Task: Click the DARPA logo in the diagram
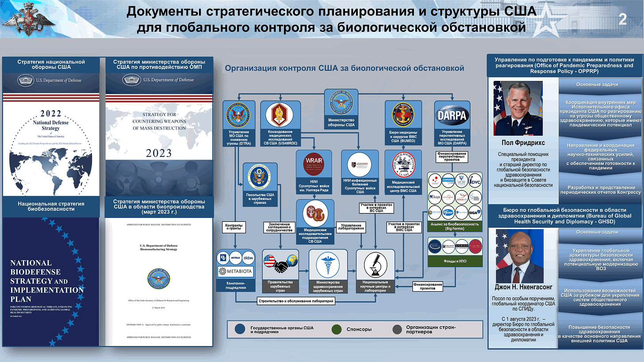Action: (452, 114)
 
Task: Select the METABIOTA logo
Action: (235, 271)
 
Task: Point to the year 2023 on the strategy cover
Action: (159, 153)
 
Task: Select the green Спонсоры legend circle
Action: (337, 329)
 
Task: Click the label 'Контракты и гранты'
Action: (234, 227)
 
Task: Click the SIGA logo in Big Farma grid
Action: (474, 212)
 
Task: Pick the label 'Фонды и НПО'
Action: (454, 262)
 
